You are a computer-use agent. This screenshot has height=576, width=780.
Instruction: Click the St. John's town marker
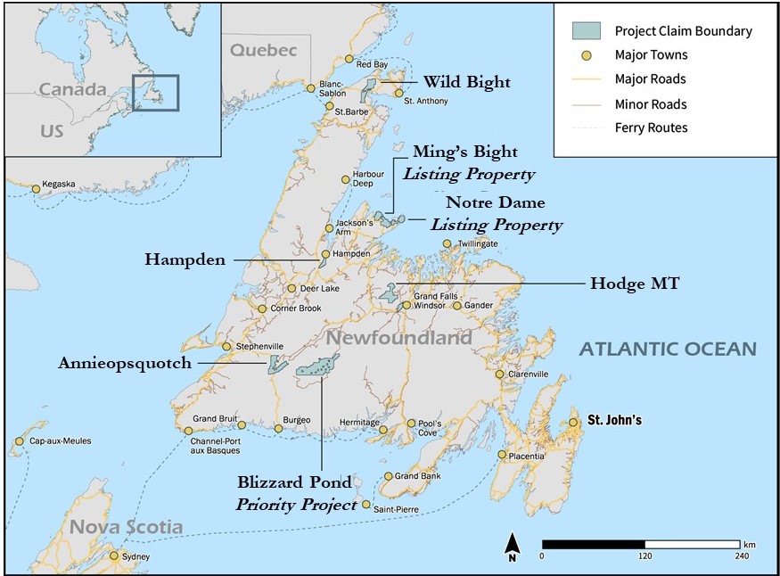click(x=574, y=423)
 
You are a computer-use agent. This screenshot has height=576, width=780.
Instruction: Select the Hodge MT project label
click(x=635, y=284)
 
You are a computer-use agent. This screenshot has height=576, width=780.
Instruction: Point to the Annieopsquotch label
click(x=126, y=363)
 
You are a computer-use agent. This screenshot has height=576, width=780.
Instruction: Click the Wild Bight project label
click(x=466, y=82)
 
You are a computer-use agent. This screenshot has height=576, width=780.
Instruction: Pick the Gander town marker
click(x=457, y=306)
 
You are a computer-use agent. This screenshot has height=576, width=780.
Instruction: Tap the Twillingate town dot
click(x=447, y=243)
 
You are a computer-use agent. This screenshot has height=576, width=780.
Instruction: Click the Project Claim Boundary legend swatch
click(x=586, y=31)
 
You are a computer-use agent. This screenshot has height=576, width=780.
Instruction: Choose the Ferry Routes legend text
click(x=651, y=128)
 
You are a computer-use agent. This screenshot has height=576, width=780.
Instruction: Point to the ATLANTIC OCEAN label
click(x=668, y=350)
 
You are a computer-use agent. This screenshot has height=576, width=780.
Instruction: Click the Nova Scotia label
click(x=127, y=527)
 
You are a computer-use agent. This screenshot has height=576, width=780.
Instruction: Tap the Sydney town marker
click(x=114, y=555)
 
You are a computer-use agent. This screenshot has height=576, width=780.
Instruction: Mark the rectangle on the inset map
click(x=155, y=92)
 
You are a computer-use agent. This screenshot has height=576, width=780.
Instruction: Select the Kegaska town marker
click(x=36, y=188)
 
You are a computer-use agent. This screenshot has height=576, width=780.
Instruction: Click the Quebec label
click(x=263, y=51)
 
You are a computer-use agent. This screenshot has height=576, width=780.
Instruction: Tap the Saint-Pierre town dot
click(x=366, y=505)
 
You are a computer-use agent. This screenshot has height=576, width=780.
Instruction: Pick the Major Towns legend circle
click(x=586, y=55)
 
